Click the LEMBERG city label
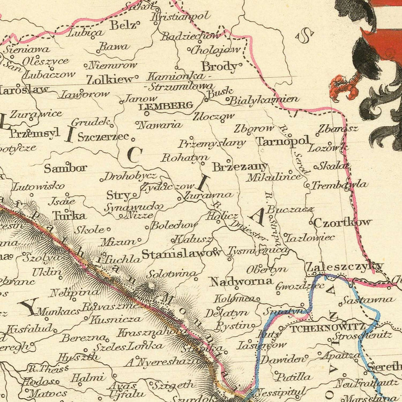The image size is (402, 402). coord(166,106)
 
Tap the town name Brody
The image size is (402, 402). coord(219,67)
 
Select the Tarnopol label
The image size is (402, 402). coord(282,142)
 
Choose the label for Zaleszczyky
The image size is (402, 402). coord(344,267)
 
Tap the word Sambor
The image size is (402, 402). coord(65,168)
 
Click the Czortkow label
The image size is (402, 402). coord(342,222)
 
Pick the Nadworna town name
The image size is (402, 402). coord(241,281)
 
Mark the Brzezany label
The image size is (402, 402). coord(239,167)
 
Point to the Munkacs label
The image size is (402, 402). coord(58,311)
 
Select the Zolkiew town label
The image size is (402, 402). coord(110,80)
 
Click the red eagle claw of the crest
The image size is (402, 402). coord(344,87)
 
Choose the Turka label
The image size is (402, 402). coord(69,216)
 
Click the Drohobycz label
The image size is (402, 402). coord(130,176)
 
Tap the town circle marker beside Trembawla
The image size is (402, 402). coord(307,184)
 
